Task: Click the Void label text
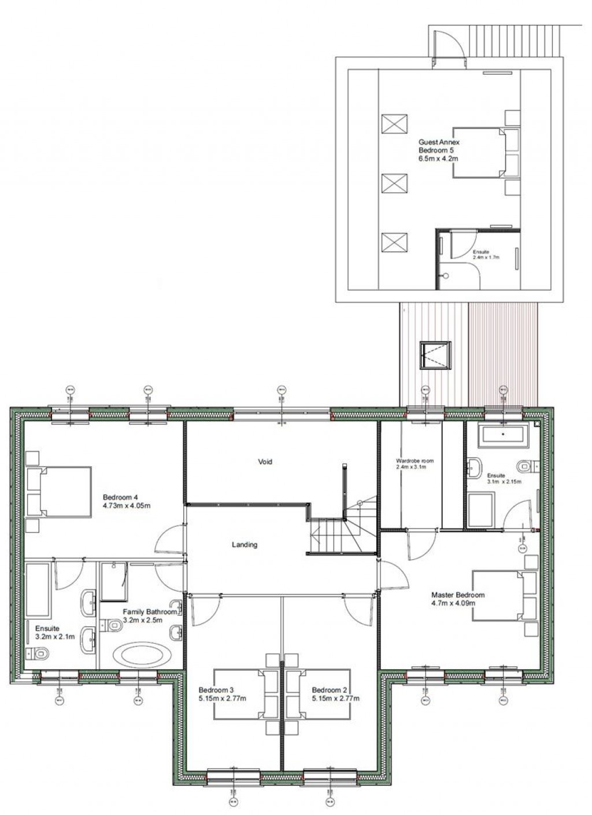[265, 462]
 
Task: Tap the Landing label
[244, 545]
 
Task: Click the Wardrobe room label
[415, 461]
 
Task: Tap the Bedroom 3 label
[216, 690]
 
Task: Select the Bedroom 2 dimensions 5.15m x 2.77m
[335, 699]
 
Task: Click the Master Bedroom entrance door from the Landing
[392, 576]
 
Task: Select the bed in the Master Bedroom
[503, 595]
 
